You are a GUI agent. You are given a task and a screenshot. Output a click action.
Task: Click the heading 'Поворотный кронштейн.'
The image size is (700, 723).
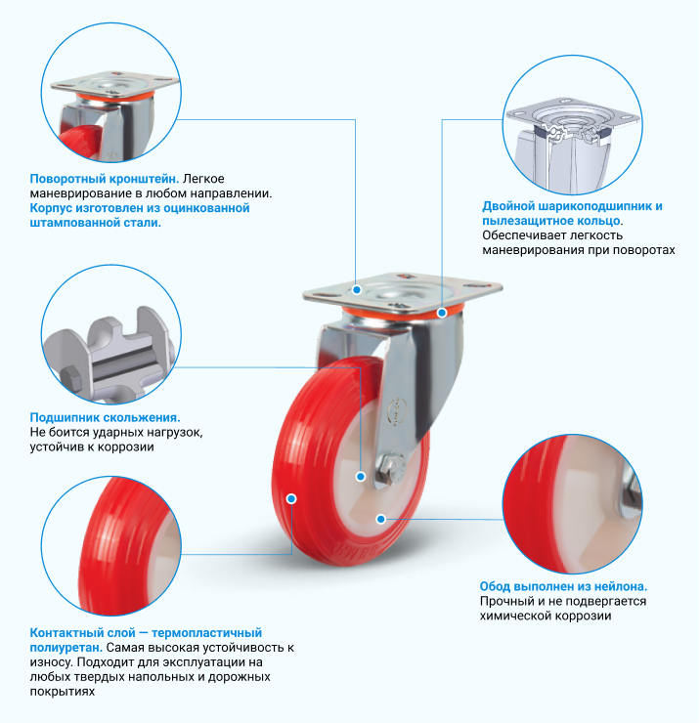(105, 179)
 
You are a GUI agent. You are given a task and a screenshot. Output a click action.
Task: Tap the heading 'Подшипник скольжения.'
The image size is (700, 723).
(106, 418)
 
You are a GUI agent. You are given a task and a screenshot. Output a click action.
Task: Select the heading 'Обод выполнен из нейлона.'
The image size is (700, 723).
(563, 586)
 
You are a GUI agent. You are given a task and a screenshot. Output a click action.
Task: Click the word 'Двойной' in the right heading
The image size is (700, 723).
(507, 206)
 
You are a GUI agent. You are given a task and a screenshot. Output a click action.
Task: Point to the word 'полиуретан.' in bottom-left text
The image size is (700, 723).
(66, 648)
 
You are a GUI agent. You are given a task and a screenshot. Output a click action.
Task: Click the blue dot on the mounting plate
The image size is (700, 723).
(357, 290)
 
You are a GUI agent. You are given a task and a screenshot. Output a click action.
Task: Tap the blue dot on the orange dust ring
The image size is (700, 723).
(442, 313)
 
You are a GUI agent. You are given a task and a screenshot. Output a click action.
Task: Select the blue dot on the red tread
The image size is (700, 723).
(291, 498)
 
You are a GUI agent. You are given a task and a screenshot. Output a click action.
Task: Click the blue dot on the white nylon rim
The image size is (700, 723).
(380, 519)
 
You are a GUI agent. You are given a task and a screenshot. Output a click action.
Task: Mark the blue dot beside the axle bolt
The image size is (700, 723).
(361, 477)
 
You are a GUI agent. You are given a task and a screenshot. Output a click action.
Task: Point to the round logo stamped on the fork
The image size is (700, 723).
(397, 411)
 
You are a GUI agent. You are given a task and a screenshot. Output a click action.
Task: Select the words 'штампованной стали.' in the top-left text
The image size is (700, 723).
(96, 223)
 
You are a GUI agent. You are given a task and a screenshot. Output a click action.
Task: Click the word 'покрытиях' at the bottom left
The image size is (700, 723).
(63, 692)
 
